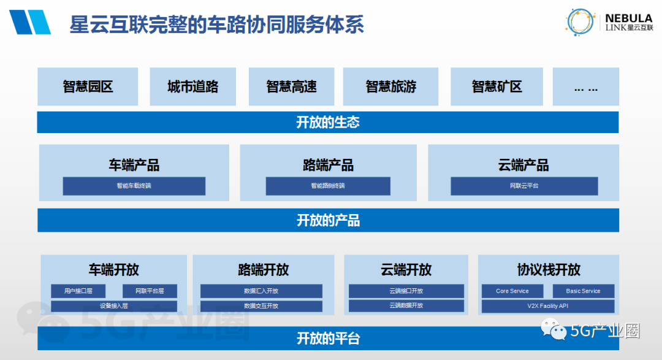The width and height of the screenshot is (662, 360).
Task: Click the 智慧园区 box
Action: click(88, 86)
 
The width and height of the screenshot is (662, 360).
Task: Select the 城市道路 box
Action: click(192, 86)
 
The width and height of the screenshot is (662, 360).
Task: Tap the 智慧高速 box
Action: click(291, 86)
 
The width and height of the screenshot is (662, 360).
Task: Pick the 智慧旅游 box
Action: click(391, 86)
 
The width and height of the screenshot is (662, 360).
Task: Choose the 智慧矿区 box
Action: click(496, 86)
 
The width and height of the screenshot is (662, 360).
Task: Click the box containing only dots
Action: click(585, 86)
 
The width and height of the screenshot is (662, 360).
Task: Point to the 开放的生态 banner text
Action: click(328, 123)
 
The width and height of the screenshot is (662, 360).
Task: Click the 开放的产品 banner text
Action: click(328, 220)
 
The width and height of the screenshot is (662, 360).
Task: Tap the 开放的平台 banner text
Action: click(328, 338)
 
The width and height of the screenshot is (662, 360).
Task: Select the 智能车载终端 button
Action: click(134, 186)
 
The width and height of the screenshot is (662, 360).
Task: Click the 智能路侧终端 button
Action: click(328, 186)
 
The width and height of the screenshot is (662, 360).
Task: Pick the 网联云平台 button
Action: click(524, 186)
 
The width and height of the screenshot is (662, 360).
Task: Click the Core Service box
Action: click(512, 291)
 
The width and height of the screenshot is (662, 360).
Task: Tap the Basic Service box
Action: click(583, 291)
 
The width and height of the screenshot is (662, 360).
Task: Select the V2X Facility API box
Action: click(548, 305)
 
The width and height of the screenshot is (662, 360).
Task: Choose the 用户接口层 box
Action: click(78, 291)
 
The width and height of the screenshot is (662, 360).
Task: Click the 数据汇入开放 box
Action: click(261, 291)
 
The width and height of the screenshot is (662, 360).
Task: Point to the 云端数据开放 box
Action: click(406, 305)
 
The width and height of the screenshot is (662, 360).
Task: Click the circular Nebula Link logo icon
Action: click(581, 21)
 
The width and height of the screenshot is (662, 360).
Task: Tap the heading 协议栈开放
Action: click(548, 270)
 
